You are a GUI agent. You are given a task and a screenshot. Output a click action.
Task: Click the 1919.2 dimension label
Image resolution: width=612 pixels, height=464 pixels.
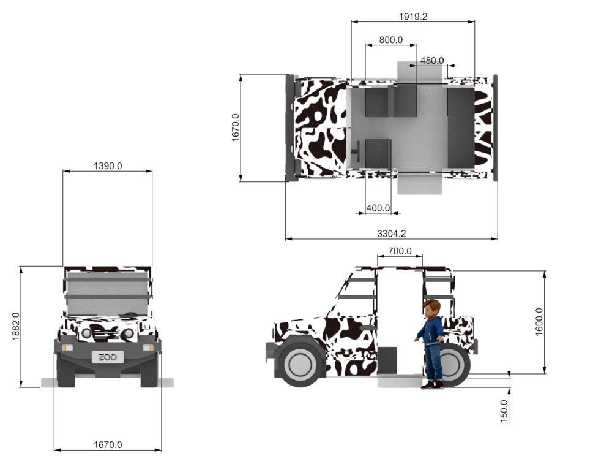point(413,17)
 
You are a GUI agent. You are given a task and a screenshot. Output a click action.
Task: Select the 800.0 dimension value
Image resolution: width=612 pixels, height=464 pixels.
point(390,40)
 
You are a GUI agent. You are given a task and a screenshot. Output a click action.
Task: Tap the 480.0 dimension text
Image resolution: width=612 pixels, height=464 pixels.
point(432,61)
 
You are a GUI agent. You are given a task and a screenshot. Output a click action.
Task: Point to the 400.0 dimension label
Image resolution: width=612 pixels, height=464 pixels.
point(378,208)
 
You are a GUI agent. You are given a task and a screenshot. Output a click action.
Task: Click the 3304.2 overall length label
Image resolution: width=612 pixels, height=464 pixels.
point(392,234)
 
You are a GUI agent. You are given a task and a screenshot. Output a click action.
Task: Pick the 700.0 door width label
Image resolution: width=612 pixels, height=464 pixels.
point(400,251)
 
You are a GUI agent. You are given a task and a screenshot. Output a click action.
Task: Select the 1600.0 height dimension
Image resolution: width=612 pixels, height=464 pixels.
point(539,322)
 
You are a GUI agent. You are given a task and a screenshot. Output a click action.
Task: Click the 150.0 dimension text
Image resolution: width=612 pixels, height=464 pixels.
point(504,411)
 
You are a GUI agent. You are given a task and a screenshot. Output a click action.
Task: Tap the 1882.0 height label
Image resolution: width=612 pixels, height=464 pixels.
point(16,327)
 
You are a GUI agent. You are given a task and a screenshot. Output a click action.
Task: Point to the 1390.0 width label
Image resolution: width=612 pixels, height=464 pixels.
point(108,165)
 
